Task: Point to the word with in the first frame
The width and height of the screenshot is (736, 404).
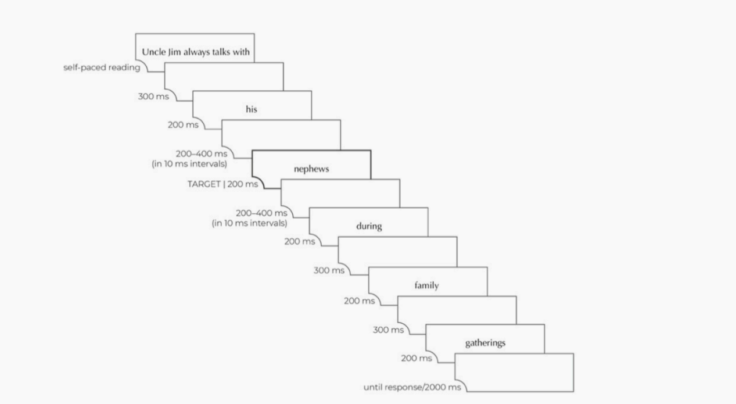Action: pyautogui.click(x=241, y=52)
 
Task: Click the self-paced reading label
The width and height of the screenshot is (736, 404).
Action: pyautogui.click(x=102, y=67)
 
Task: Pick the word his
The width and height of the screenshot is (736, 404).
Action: pyautogui.click(x=252, y=109)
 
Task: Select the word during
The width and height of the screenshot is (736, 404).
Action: pyautogui.click(x=369, y=226)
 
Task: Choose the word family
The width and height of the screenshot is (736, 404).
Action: pyautogui.click(x=426, y=285)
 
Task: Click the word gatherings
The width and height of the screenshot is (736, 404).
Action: pyautogui.click(x=485, y=343)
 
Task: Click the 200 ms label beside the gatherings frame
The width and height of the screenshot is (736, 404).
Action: pyautogui.click(x=417, y=358)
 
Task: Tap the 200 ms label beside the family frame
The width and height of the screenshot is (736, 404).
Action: pyautogui.click(x=359, y=301)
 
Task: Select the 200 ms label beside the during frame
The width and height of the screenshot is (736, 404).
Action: pyautogui.click(x=300, y=241)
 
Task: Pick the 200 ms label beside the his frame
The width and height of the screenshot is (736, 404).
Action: pyautogui.click(x=183, y=125)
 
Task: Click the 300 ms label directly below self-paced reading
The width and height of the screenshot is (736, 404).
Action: pyautogui.click(x=153, y=96)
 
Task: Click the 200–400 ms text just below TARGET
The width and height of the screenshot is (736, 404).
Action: pyautogui.click(x=261, y=213)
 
